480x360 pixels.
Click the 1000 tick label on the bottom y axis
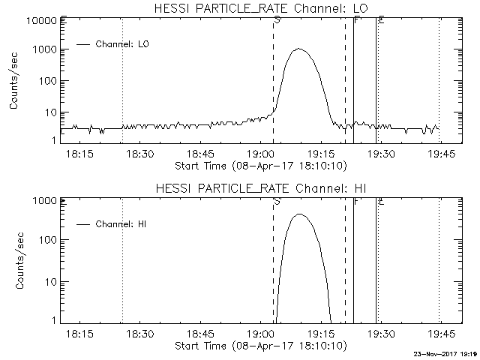pos(46,201)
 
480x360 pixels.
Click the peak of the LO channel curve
pos(299,49)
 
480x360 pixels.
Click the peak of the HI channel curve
pos(299,214)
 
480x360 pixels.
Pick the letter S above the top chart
pos(277,20)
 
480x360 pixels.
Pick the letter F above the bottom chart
pos(356,201)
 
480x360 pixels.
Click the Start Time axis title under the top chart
pos(259,165)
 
